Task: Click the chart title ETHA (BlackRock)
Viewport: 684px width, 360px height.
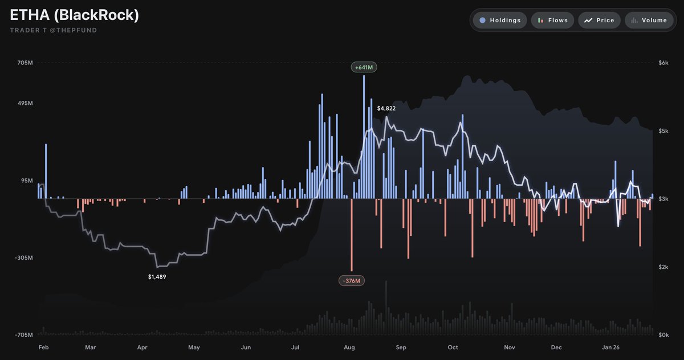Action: [75, 15]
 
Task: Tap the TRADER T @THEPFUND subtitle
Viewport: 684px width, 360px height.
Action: [54, 30]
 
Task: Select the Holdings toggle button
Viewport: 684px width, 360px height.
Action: [499, 21]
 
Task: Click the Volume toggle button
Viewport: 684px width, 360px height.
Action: [649, 21]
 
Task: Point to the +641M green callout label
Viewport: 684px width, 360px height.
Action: [364, 67]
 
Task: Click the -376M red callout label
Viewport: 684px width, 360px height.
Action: [352, 281]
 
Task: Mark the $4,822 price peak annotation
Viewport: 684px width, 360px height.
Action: [386, 108]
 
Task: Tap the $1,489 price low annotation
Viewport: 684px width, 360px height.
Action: [157, 277]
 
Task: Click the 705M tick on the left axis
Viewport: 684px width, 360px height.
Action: [26, 63]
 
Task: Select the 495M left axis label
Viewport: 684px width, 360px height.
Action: [26, 104]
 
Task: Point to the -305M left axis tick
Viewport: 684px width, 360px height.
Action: [25, 258]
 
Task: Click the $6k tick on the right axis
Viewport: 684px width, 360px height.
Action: [663, 63]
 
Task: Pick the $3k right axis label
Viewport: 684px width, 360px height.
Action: [663, 199]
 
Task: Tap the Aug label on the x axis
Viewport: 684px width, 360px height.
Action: [349, 347]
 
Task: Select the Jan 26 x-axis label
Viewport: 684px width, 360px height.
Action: [611, 347]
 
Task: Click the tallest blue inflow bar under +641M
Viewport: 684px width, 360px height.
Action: [364, 137]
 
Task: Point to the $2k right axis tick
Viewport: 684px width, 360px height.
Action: [663, 267]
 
